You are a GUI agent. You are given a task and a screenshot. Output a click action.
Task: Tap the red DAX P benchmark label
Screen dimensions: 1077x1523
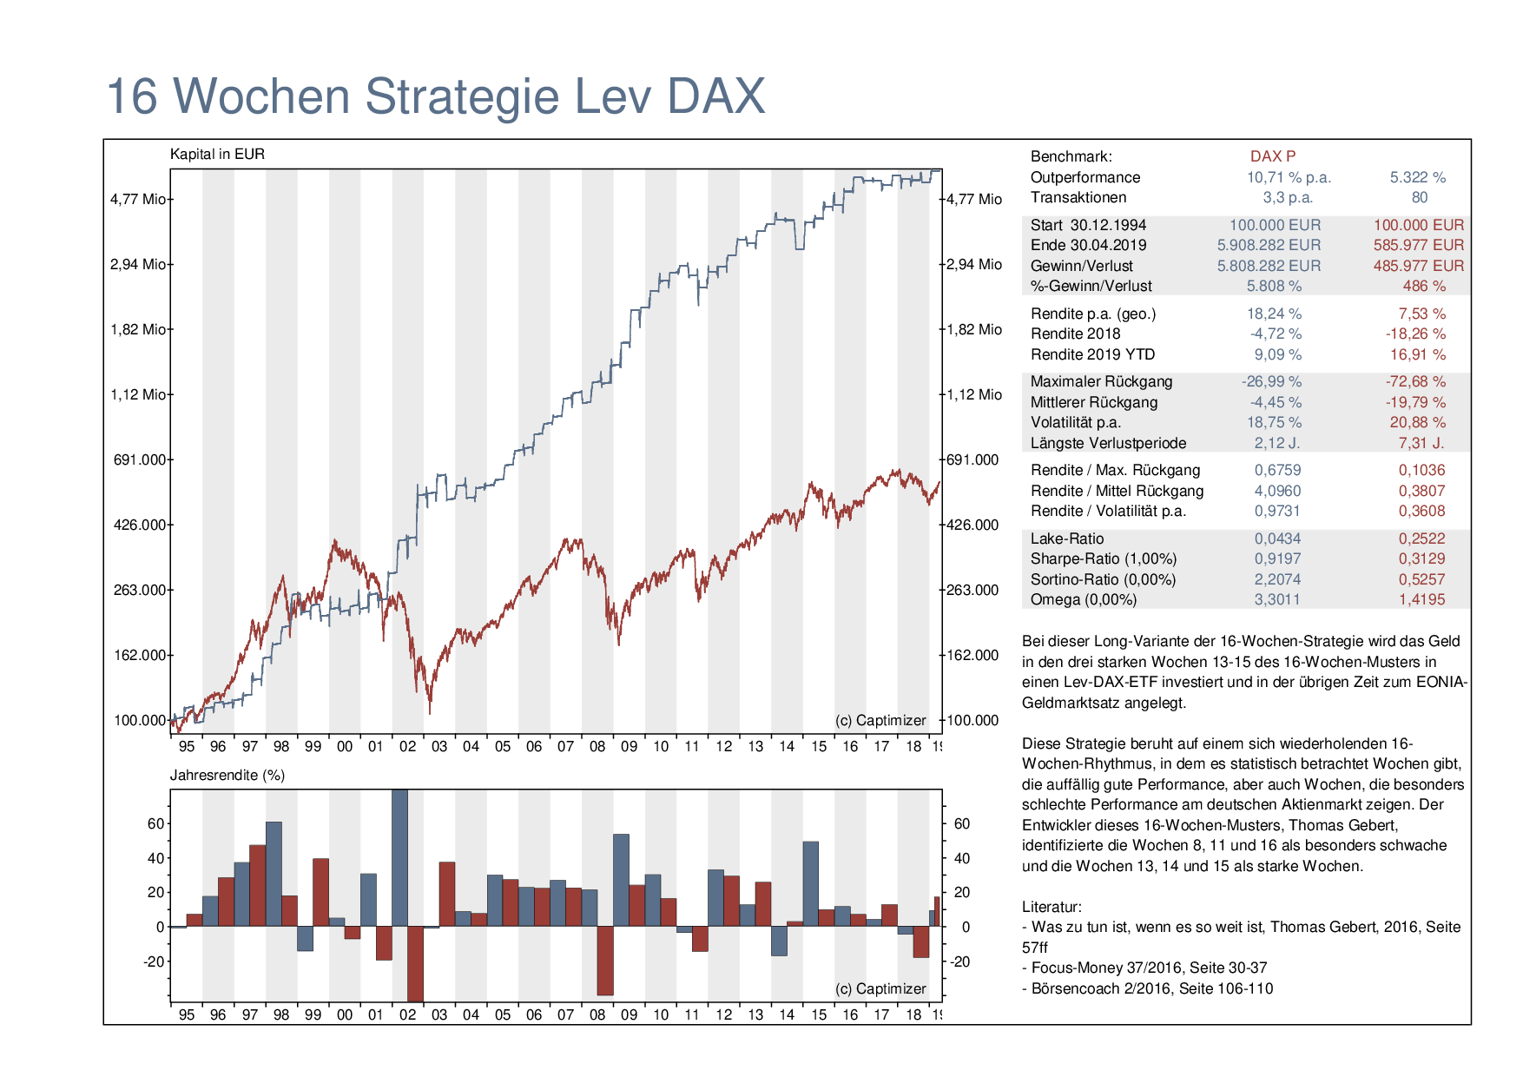tap(1273, 156)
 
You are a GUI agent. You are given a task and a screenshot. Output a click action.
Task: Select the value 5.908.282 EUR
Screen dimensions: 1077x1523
tap(1269, 245)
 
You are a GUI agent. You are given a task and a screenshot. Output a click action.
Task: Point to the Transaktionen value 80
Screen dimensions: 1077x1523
tap(1420, 197)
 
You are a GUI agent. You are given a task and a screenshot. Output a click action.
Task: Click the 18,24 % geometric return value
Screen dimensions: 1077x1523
tap(1274, 314)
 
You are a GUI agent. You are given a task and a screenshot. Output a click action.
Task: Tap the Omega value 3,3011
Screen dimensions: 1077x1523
tap(1277, 599)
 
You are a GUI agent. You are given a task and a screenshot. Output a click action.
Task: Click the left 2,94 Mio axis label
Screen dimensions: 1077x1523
tap(137, 264)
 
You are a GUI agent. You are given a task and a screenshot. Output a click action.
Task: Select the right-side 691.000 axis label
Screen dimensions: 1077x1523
tap(972, 459)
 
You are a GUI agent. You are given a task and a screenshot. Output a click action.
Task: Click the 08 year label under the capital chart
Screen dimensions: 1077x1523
tap(597, 746)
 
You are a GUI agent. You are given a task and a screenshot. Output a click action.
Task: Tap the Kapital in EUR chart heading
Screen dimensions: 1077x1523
tap(217, 154)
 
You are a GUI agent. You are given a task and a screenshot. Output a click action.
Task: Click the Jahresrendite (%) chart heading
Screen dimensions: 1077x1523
tap(227, 775)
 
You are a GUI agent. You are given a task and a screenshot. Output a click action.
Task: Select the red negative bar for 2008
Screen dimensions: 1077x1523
tap(605, 960)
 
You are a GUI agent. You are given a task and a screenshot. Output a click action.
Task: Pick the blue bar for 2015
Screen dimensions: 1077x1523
tap(811, 883)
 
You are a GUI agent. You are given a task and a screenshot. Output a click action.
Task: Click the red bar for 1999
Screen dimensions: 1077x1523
tap(321, 892)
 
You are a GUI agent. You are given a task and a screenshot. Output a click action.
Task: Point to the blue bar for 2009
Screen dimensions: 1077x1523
tap(621, 880)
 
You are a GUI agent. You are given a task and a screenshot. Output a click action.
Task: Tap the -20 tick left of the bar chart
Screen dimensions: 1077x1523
tap(154, 961)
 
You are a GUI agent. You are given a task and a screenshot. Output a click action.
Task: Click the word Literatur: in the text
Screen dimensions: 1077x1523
tap(1052, 907)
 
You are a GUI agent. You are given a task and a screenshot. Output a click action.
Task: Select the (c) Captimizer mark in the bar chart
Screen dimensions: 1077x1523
tap(880, 988)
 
